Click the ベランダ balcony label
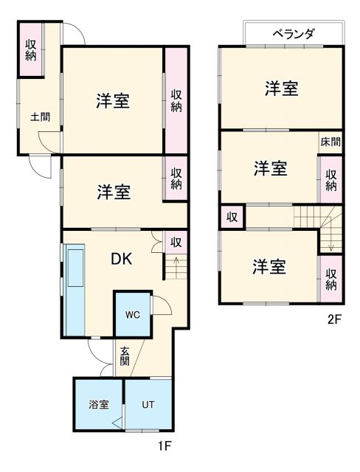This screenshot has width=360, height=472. point(293,34)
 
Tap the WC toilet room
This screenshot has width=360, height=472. point(132,315)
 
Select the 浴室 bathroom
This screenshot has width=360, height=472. point(98,405)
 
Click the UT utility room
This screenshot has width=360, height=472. point(148,405)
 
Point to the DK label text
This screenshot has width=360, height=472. point(122,259)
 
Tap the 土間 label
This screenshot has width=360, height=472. point(39,117)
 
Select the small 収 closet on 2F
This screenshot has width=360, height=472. point(232,217)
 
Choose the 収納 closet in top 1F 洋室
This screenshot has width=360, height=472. point(176,100)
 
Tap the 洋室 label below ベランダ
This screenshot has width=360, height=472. point(282,88)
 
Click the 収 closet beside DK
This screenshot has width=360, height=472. point(176,241)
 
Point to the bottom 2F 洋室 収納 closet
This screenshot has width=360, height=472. point(330,278)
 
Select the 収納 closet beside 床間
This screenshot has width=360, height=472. point(330,180)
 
